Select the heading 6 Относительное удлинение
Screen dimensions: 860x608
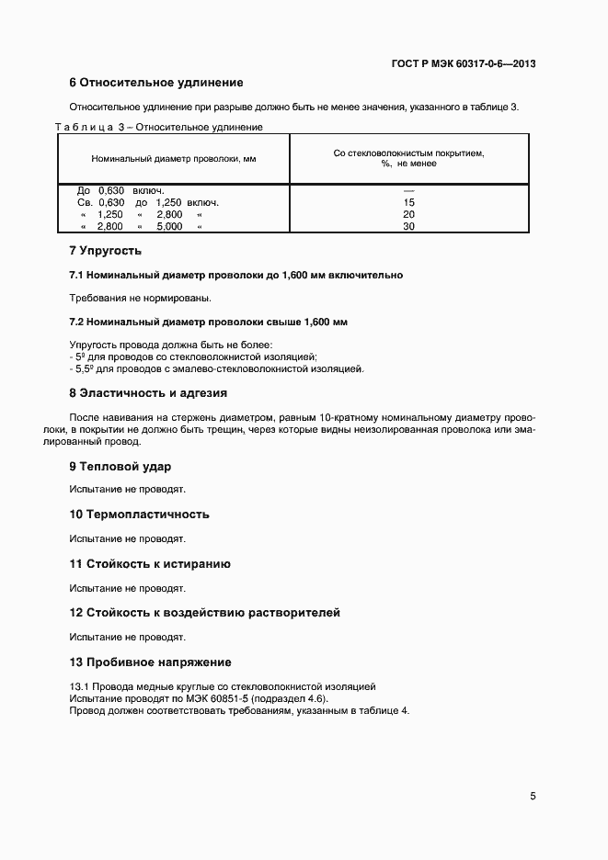pos(155,83)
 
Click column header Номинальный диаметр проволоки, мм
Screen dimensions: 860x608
pos(173,158)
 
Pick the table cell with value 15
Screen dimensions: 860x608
pos(408,202)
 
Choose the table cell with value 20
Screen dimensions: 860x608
pos(408,214)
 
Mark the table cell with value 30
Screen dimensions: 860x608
pos(408,226)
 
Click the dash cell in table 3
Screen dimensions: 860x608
pos(408,190)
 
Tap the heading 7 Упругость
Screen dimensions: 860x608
pos(106,250)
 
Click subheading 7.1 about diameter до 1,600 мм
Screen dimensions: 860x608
pos(235,275)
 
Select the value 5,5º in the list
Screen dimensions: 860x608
pos(83,368)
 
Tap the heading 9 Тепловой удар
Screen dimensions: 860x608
pos(120,467)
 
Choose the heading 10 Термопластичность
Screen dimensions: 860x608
pos(140,515)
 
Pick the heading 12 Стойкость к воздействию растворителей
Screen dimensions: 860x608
pos(205,612)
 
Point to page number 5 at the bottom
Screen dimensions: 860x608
pos(533,796)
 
